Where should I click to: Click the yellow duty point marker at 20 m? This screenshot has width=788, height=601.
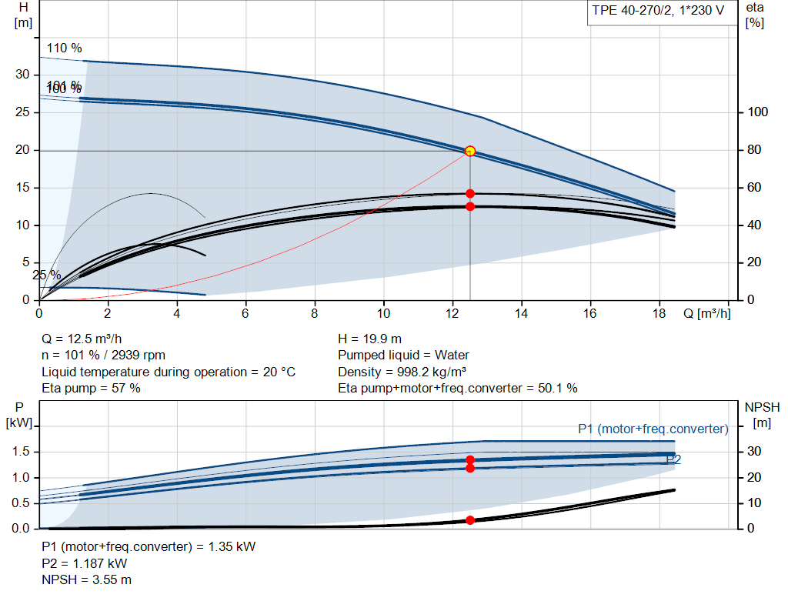[470, 151]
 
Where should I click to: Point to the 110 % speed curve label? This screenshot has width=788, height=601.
[64, 48]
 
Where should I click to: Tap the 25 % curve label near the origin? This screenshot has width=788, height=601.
[46, 275]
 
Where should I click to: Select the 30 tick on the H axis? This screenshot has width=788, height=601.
[22, 75]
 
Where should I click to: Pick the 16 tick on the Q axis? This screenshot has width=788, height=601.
[590, 313]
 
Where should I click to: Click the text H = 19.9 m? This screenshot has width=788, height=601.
[369, 339]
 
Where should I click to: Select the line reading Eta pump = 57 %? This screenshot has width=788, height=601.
[91, 389]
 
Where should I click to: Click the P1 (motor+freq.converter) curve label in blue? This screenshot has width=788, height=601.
[653, 429]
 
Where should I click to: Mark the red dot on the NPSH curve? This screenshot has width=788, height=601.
[470, 520]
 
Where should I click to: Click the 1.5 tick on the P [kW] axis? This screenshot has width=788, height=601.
[22, 452]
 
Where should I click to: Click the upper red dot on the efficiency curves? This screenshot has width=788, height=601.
[470, 194]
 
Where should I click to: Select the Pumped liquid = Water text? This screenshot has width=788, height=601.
[403, 355]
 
